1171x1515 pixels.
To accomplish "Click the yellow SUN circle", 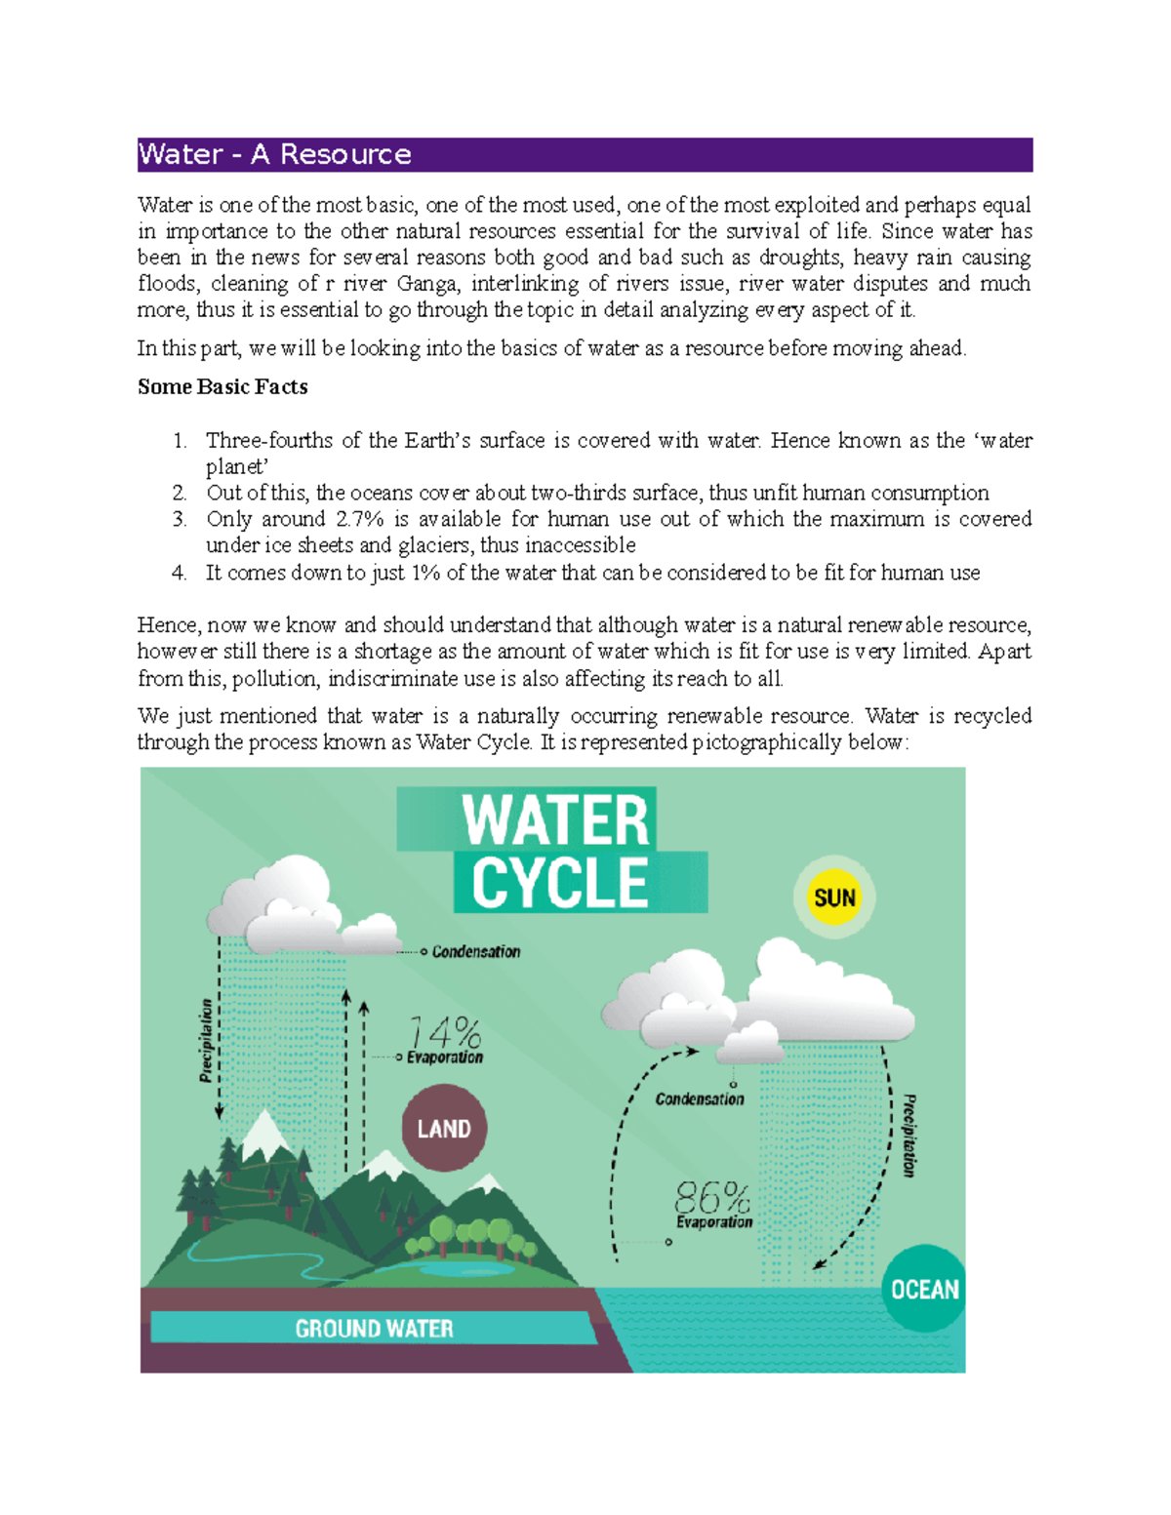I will pos(834,897).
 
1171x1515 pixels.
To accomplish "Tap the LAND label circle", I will pos(444,1129).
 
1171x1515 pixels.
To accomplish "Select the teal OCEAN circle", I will pos(924,1289).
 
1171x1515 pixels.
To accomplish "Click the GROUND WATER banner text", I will pos(374,1328).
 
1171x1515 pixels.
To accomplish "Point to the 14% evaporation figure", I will pos(444,1033).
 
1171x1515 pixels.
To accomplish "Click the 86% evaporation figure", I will pos(711,1197).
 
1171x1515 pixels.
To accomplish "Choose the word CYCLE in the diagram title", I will pos(559,883).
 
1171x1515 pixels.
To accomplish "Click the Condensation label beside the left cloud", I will pos(476,951).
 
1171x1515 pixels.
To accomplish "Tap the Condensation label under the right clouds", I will pos(699,1099).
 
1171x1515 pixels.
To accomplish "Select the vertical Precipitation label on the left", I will pos(206,1040).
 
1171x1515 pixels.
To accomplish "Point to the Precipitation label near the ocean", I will pos(909,1135).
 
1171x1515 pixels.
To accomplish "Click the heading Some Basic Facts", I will pos(222,387).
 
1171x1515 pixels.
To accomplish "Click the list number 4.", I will pos(179,573).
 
